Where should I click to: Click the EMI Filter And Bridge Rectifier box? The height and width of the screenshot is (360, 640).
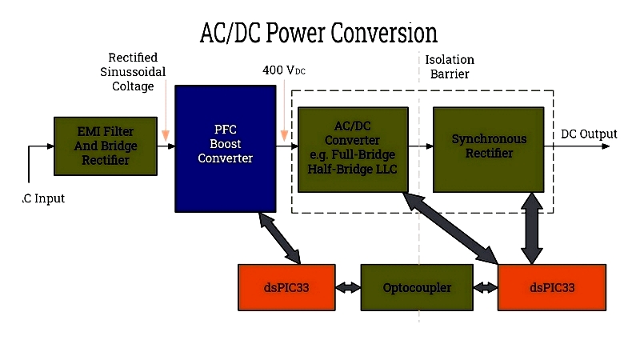click(106, 146)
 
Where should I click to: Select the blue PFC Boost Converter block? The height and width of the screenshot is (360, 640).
click(226, 149)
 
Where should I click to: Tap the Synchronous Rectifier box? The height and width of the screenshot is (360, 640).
click(489, 150)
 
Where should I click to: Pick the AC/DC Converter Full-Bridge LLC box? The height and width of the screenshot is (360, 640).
click(353, 150)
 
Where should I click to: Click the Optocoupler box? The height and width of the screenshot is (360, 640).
click(417, 287)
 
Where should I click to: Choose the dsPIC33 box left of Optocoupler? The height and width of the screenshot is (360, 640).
click(286, 287)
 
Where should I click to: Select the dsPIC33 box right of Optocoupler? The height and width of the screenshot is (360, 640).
click(552, 287)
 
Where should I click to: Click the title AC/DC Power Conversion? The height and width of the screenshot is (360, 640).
click(318, 33)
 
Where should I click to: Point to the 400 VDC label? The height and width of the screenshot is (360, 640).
click(284, 70)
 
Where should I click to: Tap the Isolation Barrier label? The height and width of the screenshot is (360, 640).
click(450, 66)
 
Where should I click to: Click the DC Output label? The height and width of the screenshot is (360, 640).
click(589, 134)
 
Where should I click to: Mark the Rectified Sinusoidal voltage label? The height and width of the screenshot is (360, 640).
click(133, 72)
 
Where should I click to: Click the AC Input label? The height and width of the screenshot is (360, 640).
click(43, 198)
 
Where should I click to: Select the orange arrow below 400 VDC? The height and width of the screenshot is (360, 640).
click(284, 110)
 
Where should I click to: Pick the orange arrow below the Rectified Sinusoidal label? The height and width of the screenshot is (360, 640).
click(166, 110)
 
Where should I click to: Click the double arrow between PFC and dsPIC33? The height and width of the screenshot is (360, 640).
click(280, 238)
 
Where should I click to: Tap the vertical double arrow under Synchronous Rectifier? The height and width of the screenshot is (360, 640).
click(532, 228)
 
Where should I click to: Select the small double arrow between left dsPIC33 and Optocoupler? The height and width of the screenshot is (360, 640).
click(348, 288)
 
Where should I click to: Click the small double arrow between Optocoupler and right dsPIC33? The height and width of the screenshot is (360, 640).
click(486, 288)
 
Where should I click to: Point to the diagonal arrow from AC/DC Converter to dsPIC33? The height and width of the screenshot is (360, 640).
click(450, 228)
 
